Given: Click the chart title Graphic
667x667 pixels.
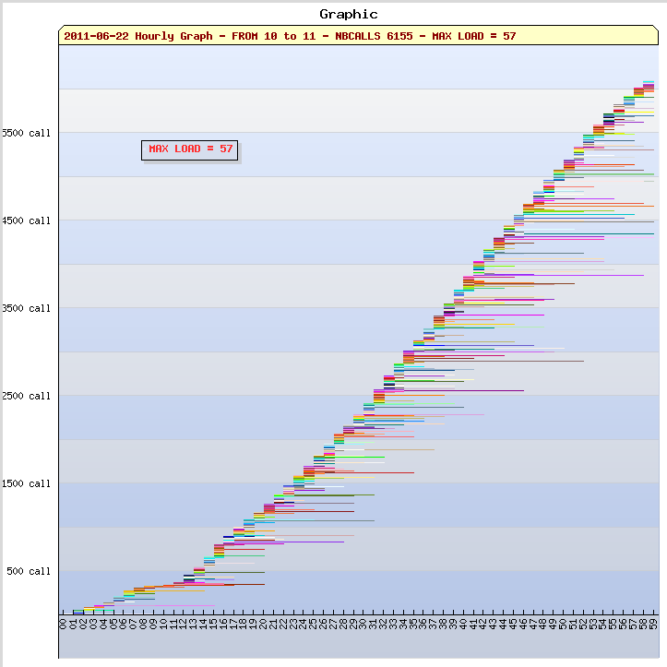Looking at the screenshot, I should pos(348,14).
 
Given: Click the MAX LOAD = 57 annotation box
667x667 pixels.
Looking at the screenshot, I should pos(191,149).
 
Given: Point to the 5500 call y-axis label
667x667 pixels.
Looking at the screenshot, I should pos(27,133).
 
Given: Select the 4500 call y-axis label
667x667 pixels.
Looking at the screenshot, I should pos(27,220).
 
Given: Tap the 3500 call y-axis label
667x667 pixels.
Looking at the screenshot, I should pos(27,308).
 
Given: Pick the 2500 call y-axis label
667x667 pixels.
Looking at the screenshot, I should pos(27,396).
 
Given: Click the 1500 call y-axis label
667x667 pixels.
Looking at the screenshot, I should pos(27,483).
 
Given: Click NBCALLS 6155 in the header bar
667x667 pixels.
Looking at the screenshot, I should pos(375,36).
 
